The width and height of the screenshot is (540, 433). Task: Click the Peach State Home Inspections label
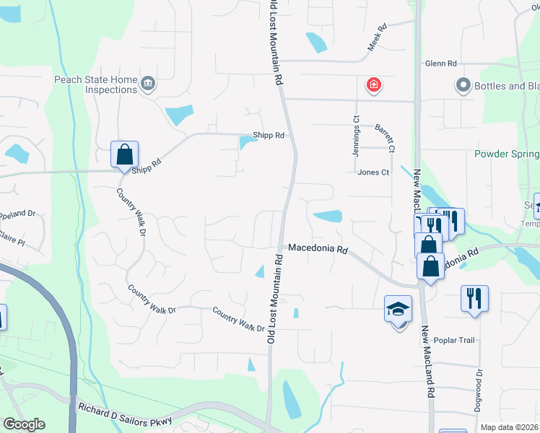(x=95, y=84)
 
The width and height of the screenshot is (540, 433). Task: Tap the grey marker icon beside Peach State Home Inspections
(x=148, y=84)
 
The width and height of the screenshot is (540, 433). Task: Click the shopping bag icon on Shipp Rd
(x=124, y=154)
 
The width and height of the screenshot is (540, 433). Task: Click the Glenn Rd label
(x=441, y=64)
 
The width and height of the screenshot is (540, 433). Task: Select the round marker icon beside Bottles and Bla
(x=463, y=86)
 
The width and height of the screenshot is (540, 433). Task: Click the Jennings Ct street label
(x=356, y=130)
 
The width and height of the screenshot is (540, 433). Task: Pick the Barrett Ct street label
(x=385, y=138)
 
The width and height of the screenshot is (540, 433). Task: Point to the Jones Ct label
(x=373, y=172)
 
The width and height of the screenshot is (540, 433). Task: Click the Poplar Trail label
(x=454, y=339)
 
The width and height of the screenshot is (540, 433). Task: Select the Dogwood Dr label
(x=479, y=390)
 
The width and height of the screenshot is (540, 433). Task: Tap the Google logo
(x=24, y=425)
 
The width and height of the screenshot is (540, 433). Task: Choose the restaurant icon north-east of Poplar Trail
(x=474, y=298)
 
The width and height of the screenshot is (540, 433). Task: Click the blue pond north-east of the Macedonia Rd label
(x=328, y=216)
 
